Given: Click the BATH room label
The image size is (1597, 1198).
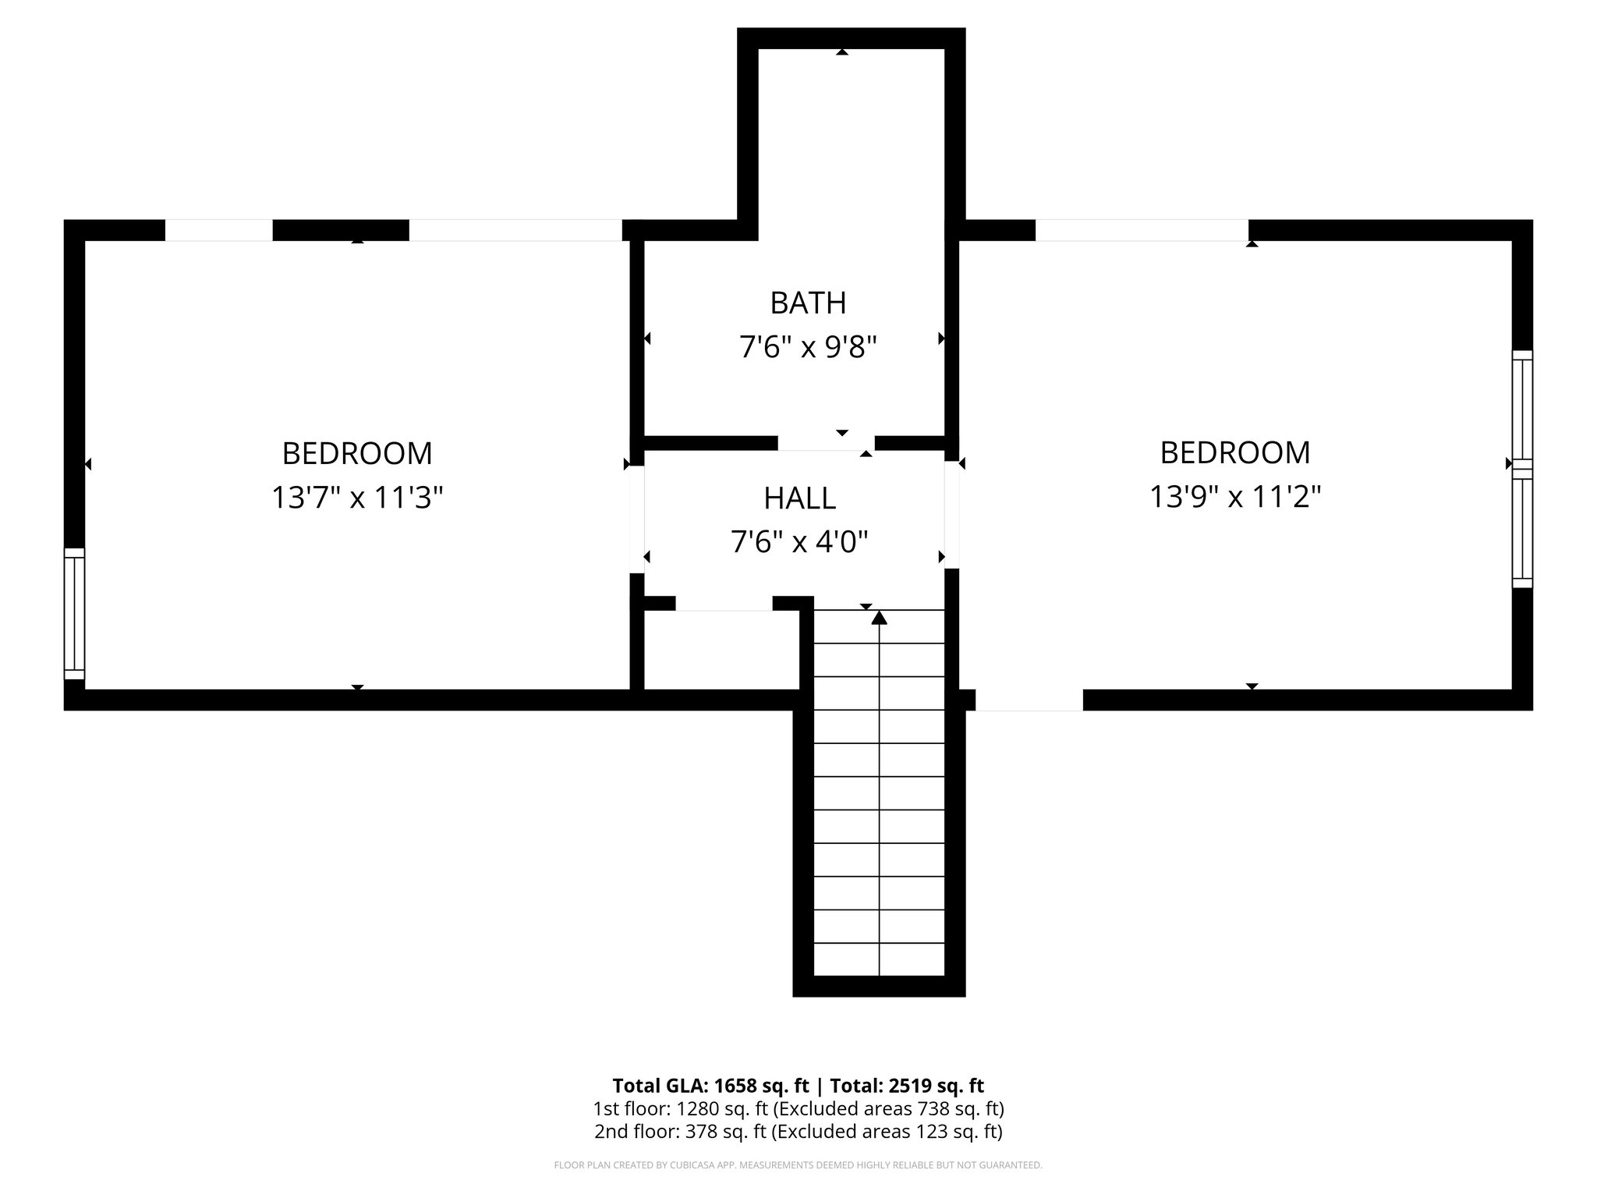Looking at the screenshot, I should pyautogui.click(x=808, y=303).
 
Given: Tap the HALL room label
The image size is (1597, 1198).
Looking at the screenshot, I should pyautogui.click(x=799, y=498).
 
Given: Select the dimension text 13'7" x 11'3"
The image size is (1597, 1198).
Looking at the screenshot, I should pyautogui.click(x=357, y=497).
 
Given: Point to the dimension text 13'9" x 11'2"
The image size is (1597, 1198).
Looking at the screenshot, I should pyautogui.click(x=1235, y=496).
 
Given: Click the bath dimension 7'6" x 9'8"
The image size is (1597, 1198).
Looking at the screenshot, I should pyautogui.click(x=808, y=347).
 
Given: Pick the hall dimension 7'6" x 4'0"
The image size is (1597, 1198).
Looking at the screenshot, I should pyautogui.click(x=799, y=541).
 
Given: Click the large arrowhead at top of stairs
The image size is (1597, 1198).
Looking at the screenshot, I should pyautogui.click(x=880, y=618).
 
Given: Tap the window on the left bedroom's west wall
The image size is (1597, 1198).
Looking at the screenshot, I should pyautogui.click(x=74, y=614).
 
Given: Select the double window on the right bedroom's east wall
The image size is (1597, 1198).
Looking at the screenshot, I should pyautogui.click(x=1522, y=468).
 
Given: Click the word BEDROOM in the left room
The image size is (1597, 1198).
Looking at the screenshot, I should pyautogui.click(x=357, y=453).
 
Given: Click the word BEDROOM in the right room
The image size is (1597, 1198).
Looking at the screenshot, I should pyautogui.click(x=1235, y=452).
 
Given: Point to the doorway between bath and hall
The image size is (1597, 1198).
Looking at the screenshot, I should pyautogui.click(x=826, y=443).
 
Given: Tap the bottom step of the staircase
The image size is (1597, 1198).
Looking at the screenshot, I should pyautogui.click(x=879, y=959).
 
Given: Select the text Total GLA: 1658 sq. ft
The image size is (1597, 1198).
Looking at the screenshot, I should pyautogui.click(x=710, y=1086).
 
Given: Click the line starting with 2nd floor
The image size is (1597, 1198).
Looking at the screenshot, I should pyautogui.click(x=798, y=1132).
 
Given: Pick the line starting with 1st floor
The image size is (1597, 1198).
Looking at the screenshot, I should pyautogui.click(x=798, y=1108).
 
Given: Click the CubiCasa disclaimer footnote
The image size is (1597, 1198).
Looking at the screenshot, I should pyautogui.click(x=798, y=1165).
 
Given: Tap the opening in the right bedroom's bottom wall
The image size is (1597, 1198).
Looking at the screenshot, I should pyautogui.click(x=1029, y=700).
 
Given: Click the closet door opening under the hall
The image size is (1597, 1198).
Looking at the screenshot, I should pyautogui.click(x=724, y=604).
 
